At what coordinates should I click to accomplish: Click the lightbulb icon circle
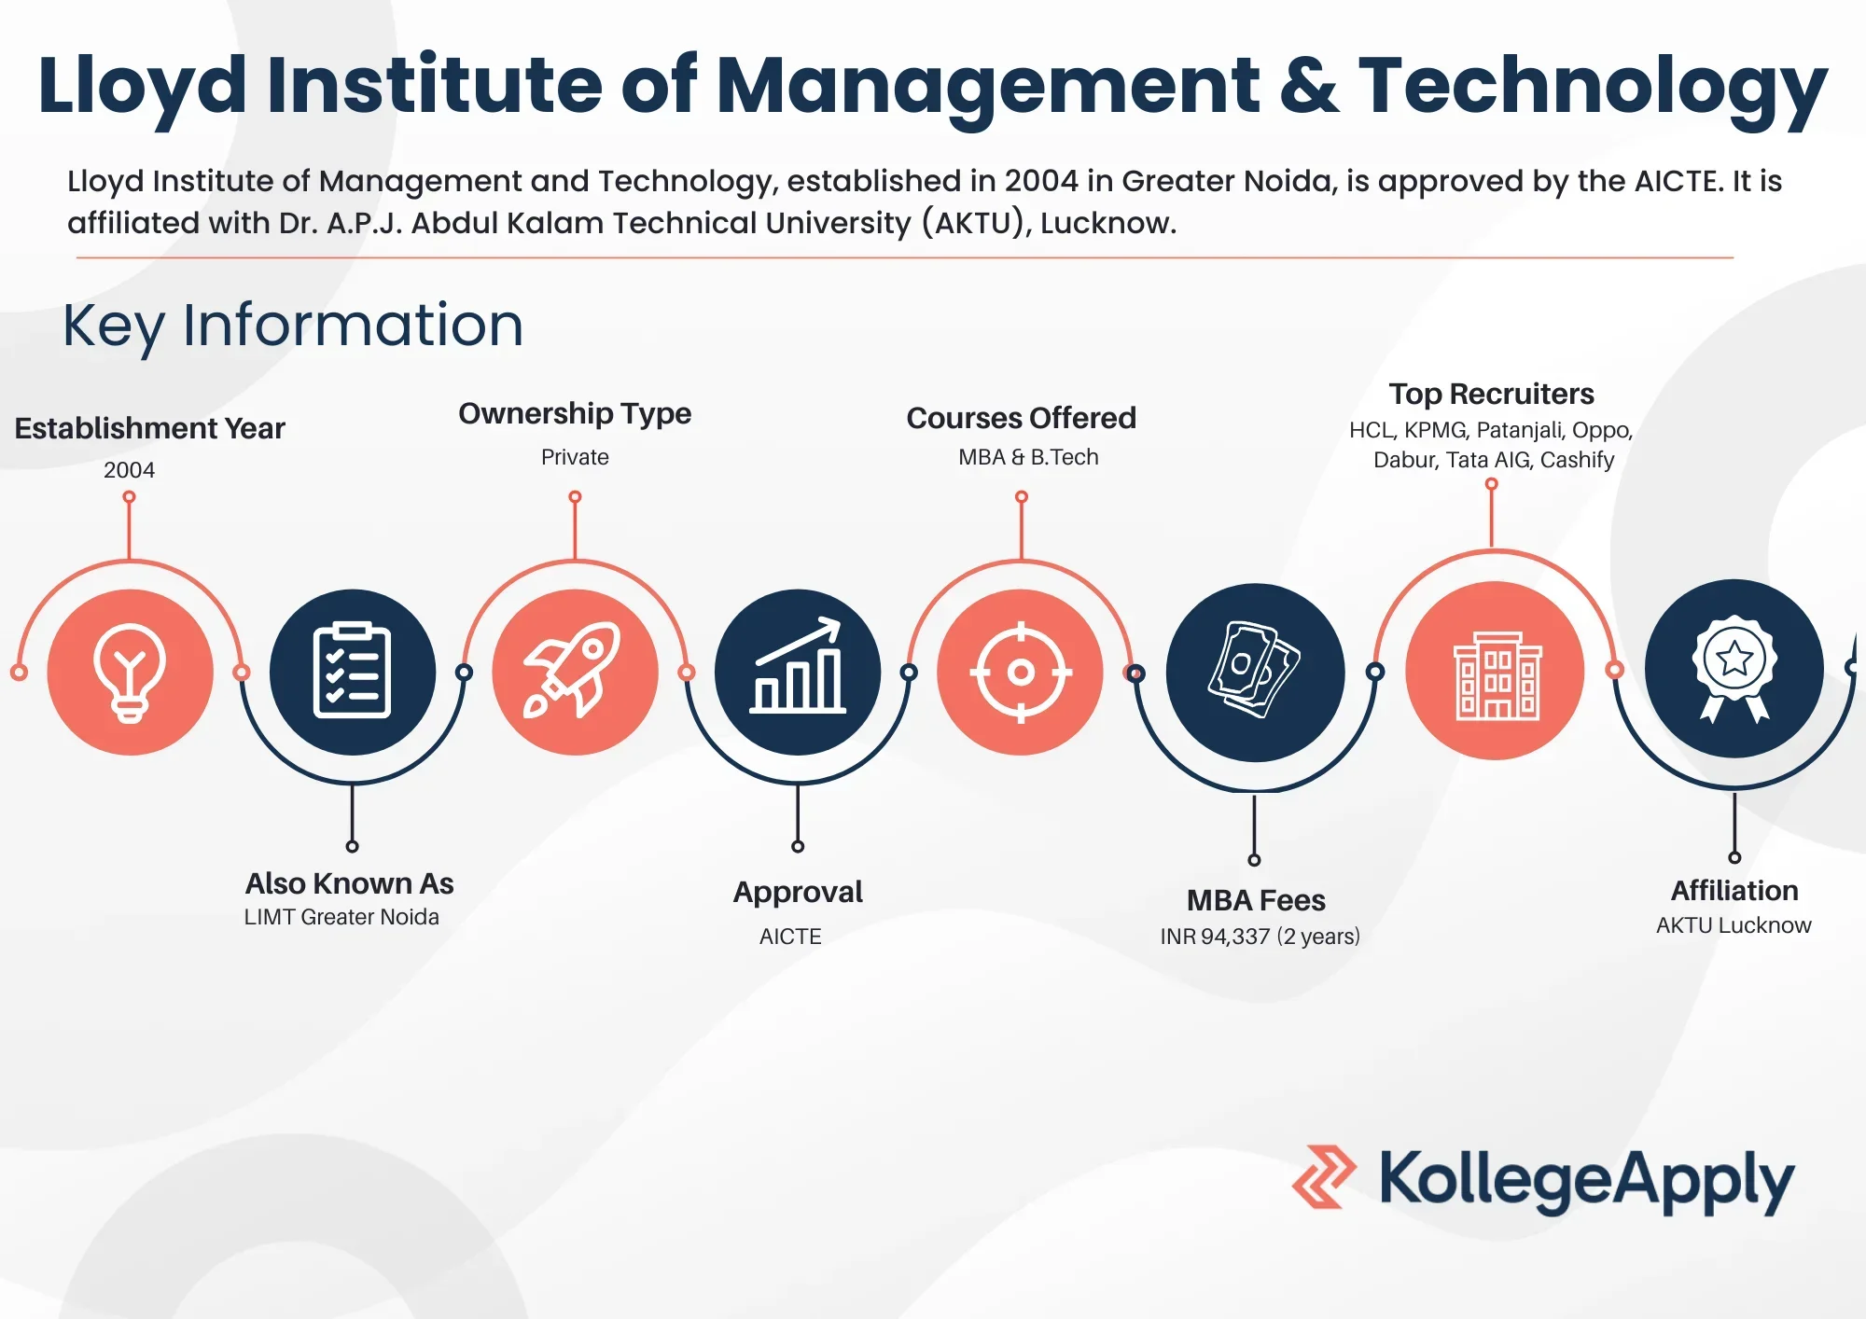[131, 672]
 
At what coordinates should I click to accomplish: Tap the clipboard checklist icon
[353, 672]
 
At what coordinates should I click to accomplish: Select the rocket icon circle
[576, 672]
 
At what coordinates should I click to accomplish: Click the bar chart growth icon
[798, 666]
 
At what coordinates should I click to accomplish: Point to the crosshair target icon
[1021, 672]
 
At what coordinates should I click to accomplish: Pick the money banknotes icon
[1255, 670]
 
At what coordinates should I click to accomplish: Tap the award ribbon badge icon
[1734, 668]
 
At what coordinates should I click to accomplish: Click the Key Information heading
[293, 326]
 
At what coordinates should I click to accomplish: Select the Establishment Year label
[149, 428]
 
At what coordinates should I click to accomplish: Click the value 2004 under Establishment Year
[129, 470]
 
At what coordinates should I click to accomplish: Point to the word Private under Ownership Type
[575, 457]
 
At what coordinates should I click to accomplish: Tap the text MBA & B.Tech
[1028, 457]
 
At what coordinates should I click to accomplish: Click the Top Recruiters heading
[1491, 395]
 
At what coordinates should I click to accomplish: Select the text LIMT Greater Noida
[341, 917]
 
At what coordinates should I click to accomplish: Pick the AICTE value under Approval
[790, 937]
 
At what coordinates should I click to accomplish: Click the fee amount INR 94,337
[1215, 937]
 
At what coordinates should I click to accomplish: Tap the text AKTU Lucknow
[1734, 925]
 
